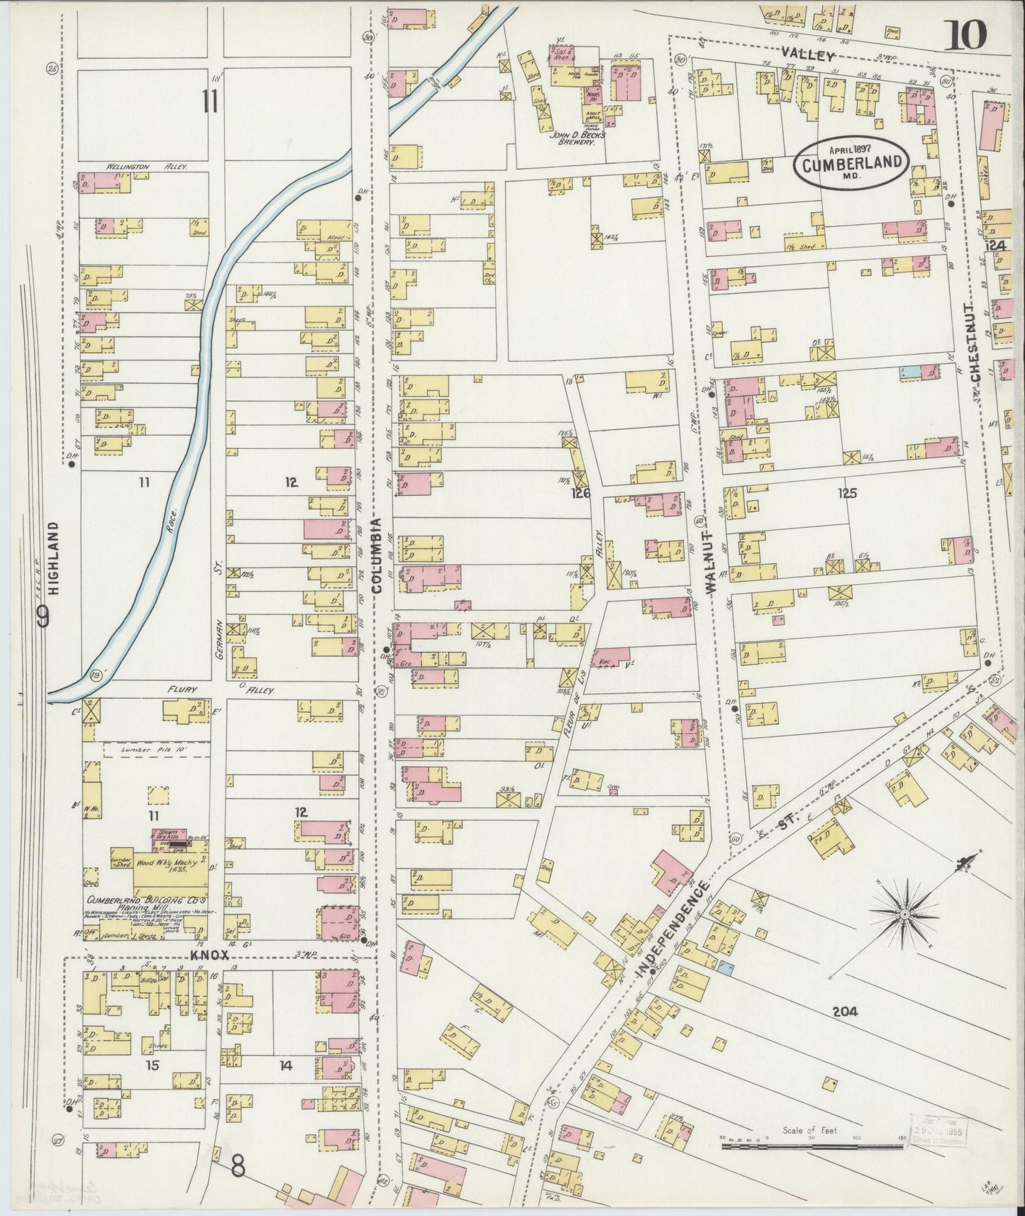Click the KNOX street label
pyautogui.click(x=209, y=955)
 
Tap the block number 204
pyautogui.click(x=846, y=1012)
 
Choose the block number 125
pyautogui.click(x=847, y=493)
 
